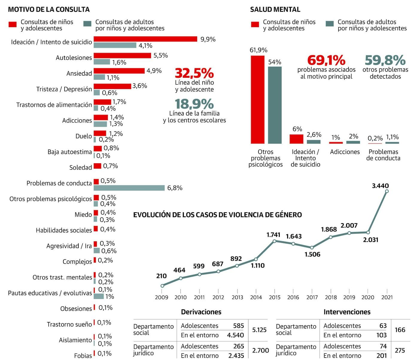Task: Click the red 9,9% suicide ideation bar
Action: (x=145, y=39)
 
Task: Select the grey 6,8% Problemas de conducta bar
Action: (x=129, y=188)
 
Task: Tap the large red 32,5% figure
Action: (x=194, y=73)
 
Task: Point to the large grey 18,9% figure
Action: (x=194, y=104)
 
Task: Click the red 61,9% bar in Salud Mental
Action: (x=258, y=100)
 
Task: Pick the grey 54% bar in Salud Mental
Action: (x=275, y=105)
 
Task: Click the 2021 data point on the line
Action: (x=387, y=191)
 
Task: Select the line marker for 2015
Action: (x=274, y=241)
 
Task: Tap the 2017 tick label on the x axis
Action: (x=312, y=297)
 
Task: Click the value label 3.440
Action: (x=380, y=186)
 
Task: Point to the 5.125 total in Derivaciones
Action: (x=259, y=330)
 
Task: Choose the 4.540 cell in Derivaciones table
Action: (x=235, y=335)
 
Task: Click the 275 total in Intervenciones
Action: (x=400, y=350)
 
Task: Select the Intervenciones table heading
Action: (x=347, y=312)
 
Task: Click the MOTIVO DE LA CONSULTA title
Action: (x=49, y=10)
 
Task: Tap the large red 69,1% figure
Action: (x=326, y=60)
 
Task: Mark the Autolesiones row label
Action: (x=74, y=58)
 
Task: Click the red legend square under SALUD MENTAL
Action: (x=255, y=25)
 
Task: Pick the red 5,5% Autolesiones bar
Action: (x=122, y=55)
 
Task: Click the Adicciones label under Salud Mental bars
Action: (x=345, y=152)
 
